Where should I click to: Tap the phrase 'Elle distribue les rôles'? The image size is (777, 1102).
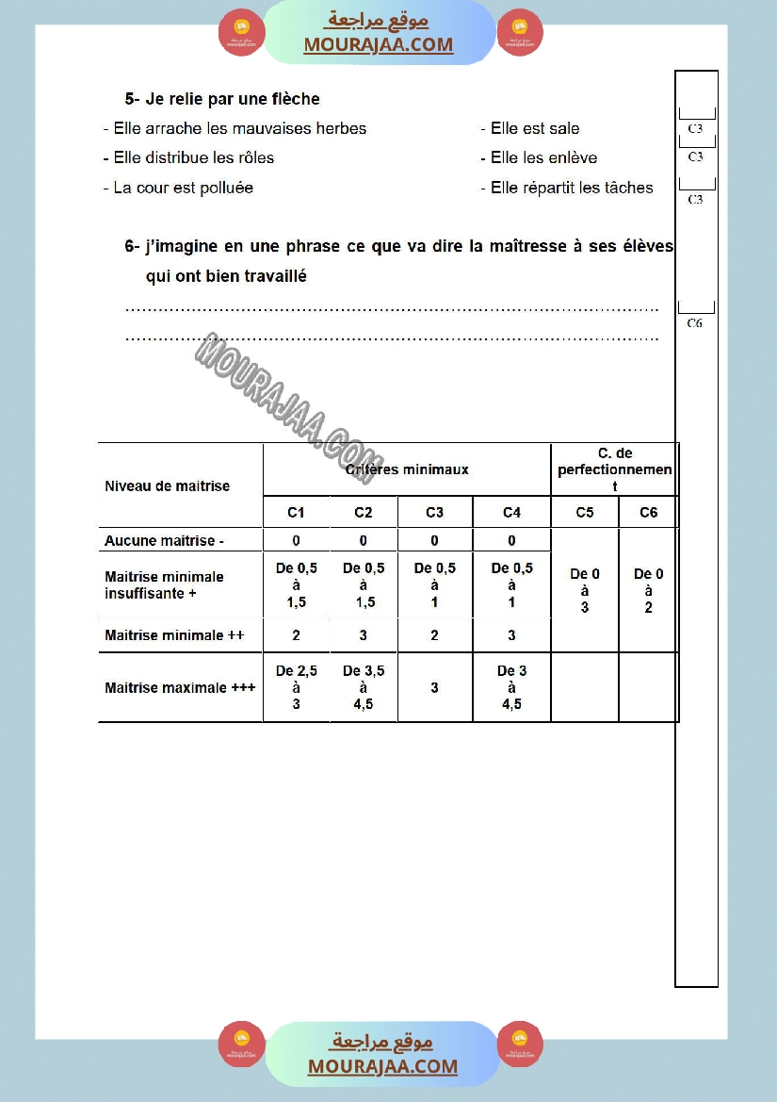pos(193,157)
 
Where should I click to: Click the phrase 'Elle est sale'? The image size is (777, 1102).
pos(534,128)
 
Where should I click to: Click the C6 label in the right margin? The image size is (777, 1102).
pos(695,322)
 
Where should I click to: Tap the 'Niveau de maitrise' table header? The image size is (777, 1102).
pos(167,486)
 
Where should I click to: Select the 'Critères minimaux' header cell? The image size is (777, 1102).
pos(407,469)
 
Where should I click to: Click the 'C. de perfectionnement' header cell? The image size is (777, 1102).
pos(614,469)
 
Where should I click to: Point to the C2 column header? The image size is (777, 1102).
pos(364,513)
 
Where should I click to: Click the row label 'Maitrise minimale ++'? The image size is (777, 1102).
pos(174,635)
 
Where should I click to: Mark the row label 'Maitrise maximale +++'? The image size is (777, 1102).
pos(180,687)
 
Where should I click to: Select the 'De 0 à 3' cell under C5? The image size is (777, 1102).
pos(584,590)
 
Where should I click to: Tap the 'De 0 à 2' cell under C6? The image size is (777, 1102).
pos(648,590)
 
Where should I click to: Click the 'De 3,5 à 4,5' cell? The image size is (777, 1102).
pos(364,687)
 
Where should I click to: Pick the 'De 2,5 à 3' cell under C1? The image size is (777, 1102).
pos(296,687)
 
